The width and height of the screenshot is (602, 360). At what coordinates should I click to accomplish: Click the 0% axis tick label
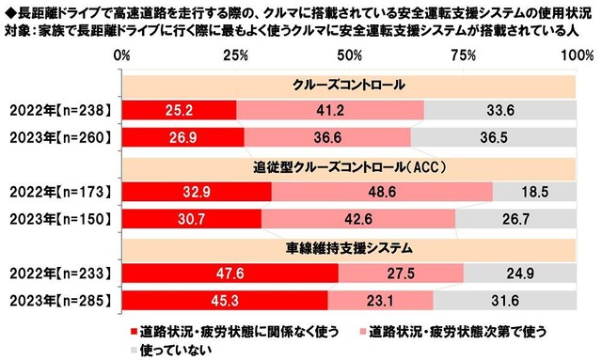point(121,56)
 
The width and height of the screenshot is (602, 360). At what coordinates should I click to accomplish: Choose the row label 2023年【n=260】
point(59,136)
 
